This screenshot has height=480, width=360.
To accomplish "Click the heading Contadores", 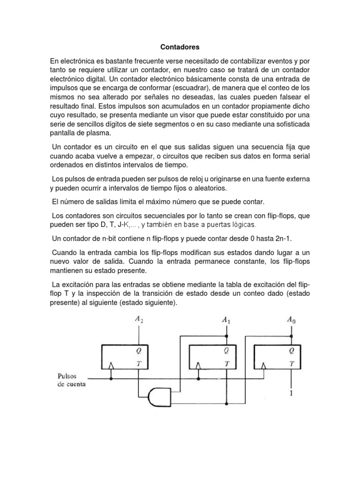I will (x=180, y=47).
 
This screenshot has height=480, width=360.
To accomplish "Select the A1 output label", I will (x=226, y=321).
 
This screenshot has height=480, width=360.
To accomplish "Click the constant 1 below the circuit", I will (x=291, y=394).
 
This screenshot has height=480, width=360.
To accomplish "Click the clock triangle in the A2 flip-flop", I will (x=112, y=365).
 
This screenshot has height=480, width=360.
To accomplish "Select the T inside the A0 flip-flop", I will (x=291, y=363).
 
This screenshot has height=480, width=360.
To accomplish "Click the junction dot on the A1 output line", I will (x=226, y=336).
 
